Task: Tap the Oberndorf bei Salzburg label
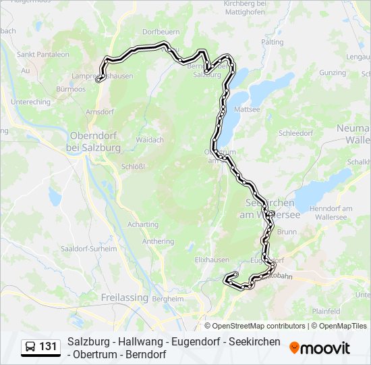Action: [94, 141]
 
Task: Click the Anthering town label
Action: [157, 241]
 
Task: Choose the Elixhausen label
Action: [212, 259]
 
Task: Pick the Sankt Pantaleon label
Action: [42, 54]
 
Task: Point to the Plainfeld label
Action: [345, 310]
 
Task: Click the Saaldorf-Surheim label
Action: [80, 248]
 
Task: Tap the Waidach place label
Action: [150, 140]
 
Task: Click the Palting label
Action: [272, 42]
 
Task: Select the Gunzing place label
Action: [333, 72]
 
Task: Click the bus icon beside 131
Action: [30, 347]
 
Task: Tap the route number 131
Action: [48, 347]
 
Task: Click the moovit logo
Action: [320, 347]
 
